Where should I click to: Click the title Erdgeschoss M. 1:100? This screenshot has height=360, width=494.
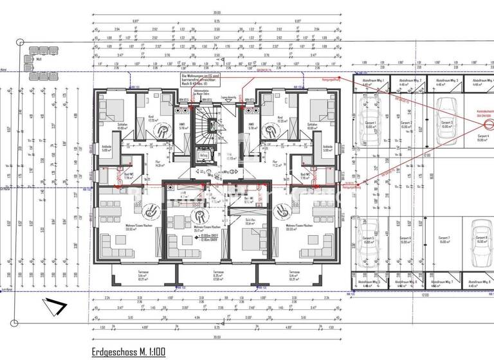coord(129,351)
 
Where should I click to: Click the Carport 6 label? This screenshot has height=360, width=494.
coord(406,240)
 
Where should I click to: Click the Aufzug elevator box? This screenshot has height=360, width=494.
coord(203,155)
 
